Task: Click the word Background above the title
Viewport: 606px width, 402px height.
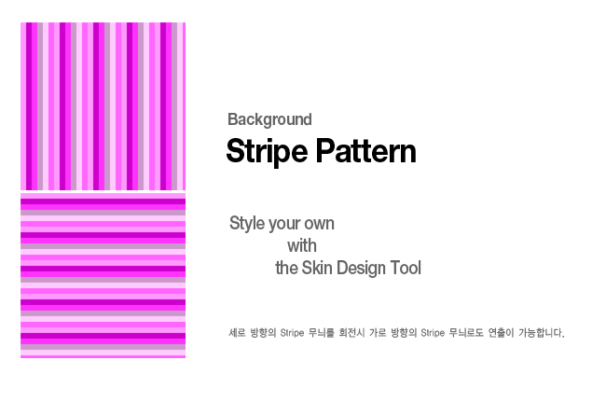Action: coord(269,119)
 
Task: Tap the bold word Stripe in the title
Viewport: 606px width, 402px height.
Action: coord(267,151)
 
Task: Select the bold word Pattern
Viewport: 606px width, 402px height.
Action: coord(366,150)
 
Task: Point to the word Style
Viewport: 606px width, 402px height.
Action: coord(246,224)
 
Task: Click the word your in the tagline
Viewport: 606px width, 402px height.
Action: coord(284,224)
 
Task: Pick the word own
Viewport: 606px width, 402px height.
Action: coord(320,224)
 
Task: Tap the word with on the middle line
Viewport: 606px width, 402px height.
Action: coord(302,245)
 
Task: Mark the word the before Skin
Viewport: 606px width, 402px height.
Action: coord(286,268)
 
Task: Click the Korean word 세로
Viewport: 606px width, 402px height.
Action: coord(237,332)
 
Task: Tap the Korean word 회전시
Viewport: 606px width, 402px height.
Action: coord(351,332)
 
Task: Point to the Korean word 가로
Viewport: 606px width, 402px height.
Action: coord(378,332)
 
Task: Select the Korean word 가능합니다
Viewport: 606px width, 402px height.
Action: coord(542,332)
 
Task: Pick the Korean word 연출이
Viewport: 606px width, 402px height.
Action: coord(501,332)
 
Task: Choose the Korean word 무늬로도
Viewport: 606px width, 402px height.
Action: coord(466,332)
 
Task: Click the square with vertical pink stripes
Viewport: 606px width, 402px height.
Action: coord(103,106)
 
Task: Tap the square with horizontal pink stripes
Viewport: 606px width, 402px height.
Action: coord(103,275)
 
